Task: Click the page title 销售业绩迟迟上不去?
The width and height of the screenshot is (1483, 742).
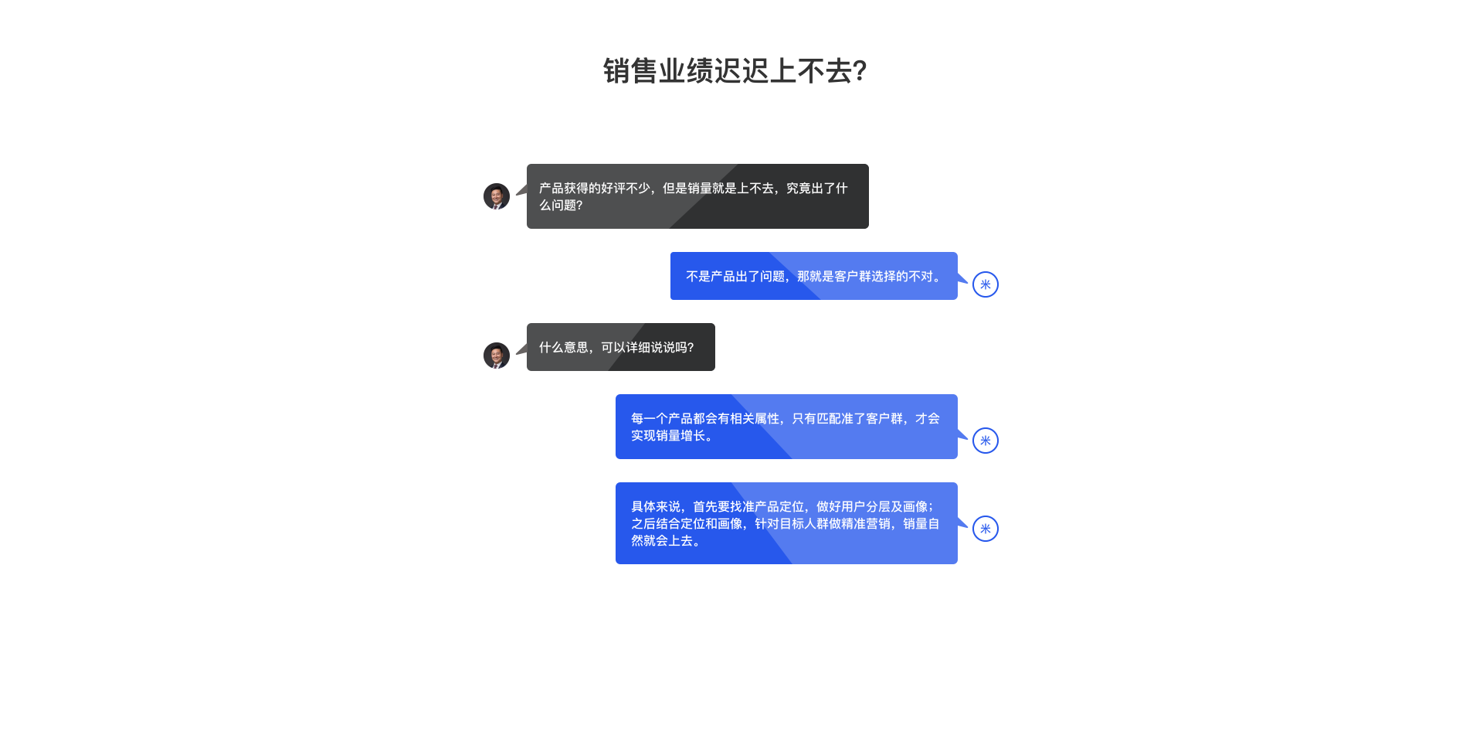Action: [735, 71]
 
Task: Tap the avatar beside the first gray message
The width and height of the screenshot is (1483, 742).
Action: [497, 196]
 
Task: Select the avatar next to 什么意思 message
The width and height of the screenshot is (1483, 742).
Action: [497, 356]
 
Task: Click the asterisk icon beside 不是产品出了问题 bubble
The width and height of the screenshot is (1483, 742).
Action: [986, 284]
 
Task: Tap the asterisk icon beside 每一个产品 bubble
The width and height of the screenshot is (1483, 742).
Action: [986, 441]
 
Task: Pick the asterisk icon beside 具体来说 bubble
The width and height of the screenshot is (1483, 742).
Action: [986, 529]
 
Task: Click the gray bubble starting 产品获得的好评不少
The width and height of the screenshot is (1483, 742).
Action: [697, 196]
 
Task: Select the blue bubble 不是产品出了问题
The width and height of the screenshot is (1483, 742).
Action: [814, 276]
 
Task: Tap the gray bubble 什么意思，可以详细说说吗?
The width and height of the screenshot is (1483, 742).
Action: [621, 347]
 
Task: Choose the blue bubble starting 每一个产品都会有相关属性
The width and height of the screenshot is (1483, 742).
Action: [786, 427]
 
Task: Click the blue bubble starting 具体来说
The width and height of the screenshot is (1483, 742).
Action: [786, 523]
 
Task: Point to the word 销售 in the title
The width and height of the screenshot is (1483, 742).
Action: [630, 71]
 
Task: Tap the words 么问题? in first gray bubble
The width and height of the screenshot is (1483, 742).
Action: [561, 206]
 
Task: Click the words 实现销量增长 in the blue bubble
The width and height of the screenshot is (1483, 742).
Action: [668, 436]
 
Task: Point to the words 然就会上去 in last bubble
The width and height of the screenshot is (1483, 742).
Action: [662, 541]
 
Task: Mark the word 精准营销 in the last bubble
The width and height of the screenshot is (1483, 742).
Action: [866, 524]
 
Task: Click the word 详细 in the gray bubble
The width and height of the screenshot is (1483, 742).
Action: [638, 348]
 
